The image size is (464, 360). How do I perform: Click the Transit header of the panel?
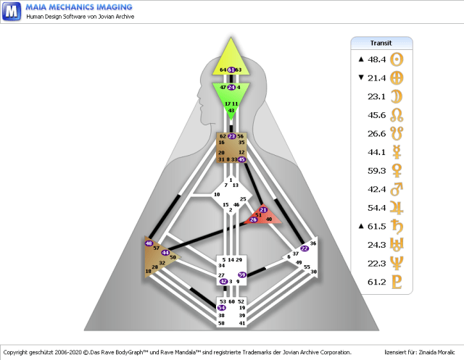[381, 43]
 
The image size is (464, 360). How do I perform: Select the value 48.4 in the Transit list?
[373, 59]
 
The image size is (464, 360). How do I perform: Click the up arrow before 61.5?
[361, 227]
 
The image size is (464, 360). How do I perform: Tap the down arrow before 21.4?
[361, 78]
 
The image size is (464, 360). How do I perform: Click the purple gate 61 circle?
[231, 70]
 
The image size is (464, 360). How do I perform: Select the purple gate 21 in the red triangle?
[262, 210]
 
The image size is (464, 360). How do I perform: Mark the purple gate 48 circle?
[149, 243]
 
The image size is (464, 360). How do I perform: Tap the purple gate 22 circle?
[304, 248]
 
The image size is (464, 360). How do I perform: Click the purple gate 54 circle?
[222, 308]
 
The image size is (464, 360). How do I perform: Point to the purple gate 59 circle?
[242, 275]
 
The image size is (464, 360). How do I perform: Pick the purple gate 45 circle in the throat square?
[242, 159]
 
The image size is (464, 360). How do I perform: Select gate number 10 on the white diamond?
[216, 195]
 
